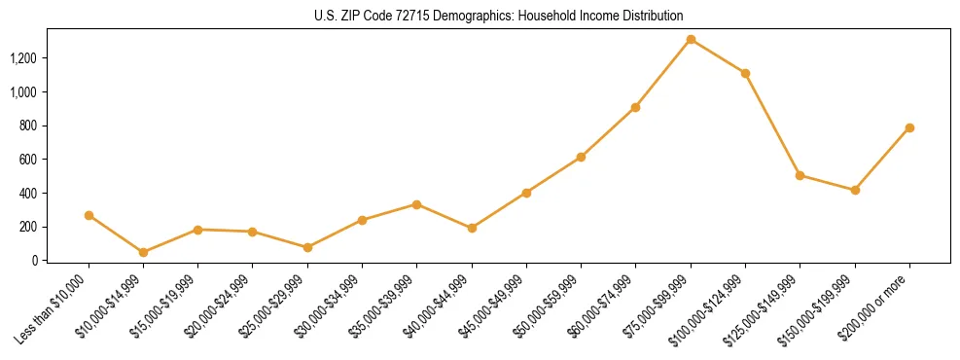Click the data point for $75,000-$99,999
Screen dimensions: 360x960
[x=691, y=39]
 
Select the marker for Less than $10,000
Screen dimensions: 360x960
[x=89, y=215]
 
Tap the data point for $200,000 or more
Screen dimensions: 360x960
[x=909, y=127]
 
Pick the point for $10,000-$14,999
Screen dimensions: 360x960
[x=143, y=252]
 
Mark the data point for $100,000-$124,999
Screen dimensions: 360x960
[x=745, y=73]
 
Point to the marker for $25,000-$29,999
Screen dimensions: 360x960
[x=253, y=247]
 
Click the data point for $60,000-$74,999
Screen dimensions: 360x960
[x=635, y=107]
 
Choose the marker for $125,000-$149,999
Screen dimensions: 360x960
[x=800, y=175]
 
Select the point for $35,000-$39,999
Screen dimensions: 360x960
[x=416, y=204]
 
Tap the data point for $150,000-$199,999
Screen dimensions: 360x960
[x=855, y=190]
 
